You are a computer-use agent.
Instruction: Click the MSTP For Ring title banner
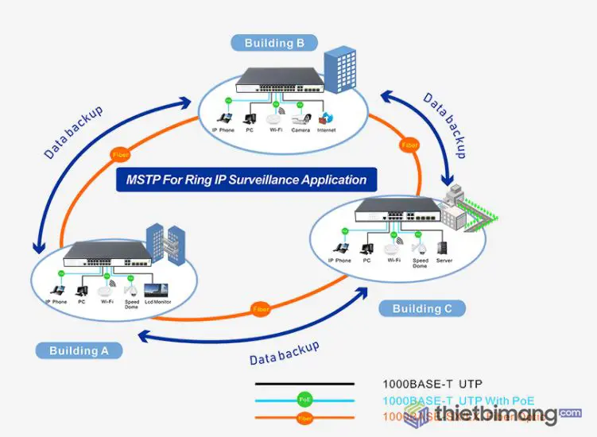point(246,180)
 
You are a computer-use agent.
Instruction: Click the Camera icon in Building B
point(300,119)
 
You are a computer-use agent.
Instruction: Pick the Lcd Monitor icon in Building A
point(157,290)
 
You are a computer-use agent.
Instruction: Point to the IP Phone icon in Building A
point(56,289)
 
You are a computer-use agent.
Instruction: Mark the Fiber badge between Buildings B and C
point(409,145)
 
